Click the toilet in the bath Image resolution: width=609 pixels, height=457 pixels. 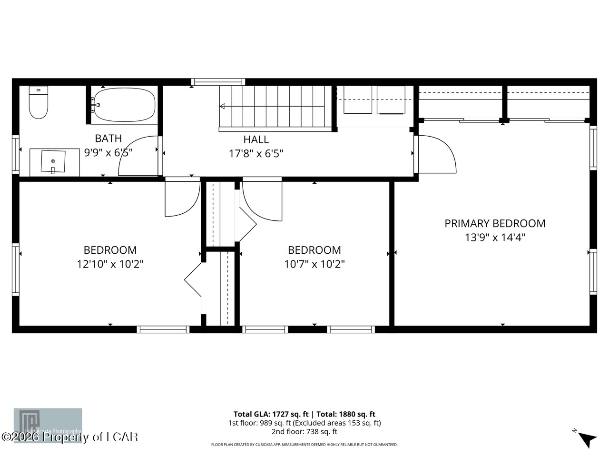pos(39,102)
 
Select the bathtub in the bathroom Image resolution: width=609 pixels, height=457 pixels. pos(125,105)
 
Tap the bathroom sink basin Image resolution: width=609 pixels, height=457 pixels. pos(53,161)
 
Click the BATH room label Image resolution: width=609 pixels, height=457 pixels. pos(108,139)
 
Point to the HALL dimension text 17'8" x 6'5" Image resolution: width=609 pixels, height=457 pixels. pos(256,153)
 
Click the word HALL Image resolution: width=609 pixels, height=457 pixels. pos(256,139)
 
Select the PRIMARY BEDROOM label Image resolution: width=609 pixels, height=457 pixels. pos(495,223)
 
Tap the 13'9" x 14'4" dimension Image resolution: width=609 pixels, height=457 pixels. pos(495,237)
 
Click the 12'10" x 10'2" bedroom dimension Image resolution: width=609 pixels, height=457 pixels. pos(110,264)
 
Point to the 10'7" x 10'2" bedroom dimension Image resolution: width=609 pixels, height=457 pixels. pos(314,264)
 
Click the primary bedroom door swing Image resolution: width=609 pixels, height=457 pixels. pos(437,154)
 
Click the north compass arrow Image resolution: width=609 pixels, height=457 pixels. pos(587,438)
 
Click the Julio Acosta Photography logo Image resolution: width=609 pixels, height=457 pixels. pos(48,425)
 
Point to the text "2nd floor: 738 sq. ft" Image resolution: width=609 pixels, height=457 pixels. pos(304,432)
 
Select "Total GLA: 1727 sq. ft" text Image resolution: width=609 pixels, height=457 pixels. pos(271,414)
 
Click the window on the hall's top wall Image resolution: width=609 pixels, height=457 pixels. pos(218,82)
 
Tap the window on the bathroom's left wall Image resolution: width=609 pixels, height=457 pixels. pos(15,153)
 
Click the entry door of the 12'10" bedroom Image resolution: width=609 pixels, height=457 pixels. pos(183,198)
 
